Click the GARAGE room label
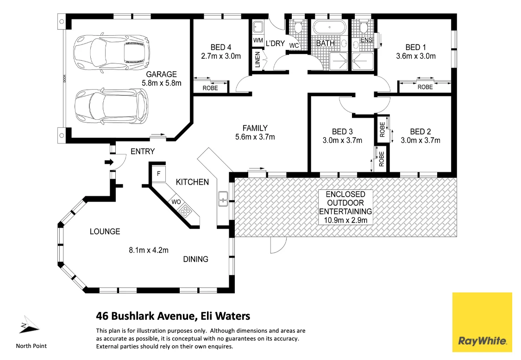[x=161, y=74]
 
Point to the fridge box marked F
[x=159, y=174]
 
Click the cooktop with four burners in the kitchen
[x=185, y=211]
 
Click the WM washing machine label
[x=257, y=41]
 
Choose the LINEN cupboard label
[x=257, y=59]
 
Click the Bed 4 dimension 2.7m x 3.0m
[x=221, y=56]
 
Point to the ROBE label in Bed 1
[x=425, y=87]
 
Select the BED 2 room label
[x=420, y=131]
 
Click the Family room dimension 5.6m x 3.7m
[x=255, y=137]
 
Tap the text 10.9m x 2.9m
[x=345, y=220]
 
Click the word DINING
[x=195, y=259]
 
